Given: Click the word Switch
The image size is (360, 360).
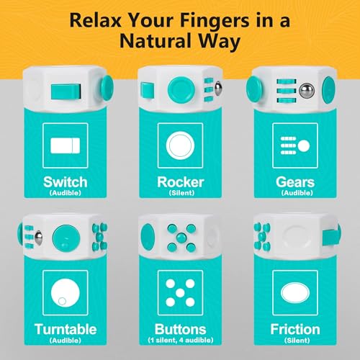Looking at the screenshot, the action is pos(66,182).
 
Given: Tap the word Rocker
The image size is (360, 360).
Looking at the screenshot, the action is pos(181,182).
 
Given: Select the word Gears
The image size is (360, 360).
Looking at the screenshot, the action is pos(295,182).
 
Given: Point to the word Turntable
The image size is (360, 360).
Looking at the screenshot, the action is pos(66,329).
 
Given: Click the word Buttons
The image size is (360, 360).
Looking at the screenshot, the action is pos(181,329).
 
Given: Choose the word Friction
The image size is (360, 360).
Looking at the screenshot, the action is pos(295,329).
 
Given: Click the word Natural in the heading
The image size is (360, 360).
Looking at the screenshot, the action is pos(156,41).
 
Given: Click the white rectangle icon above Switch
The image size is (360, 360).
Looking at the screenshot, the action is pos(66,145).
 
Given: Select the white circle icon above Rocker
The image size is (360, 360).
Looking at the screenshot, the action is pos(180,145).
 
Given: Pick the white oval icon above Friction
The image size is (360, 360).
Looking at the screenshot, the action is pos(295,293).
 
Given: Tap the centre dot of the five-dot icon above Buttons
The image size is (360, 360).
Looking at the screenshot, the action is pos(180,293).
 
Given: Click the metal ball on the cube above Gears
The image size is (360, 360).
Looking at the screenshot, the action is pos(307,91).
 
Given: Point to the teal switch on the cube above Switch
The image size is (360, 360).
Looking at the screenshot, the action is pos(66,91).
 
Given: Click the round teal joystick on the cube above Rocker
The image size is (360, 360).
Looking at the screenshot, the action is pos(181,89).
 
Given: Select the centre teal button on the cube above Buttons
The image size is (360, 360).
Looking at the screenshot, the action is pos(181,238).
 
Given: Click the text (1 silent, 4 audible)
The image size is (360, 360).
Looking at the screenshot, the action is pos(181,340).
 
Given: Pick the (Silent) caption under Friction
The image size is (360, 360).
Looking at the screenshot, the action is pos(297,340).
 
